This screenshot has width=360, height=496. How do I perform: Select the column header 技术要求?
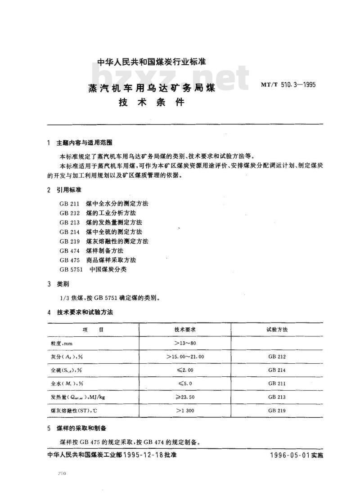[x=185, y=330]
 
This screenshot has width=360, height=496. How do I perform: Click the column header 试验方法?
[x=277, y=330]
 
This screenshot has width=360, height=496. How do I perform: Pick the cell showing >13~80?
[x=185, y=343]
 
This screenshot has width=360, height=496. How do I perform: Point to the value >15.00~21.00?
[x=185, y=357]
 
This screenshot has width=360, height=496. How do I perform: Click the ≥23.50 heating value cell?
[x=185, y=397]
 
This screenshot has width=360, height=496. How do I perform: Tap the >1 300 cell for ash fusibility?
[x=185, y=411]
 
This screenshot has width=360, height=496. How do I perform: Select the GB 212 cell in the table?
[x=277, y=357]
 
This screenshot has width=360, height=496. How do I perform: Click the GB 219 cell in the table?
[x=277, y=411]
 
